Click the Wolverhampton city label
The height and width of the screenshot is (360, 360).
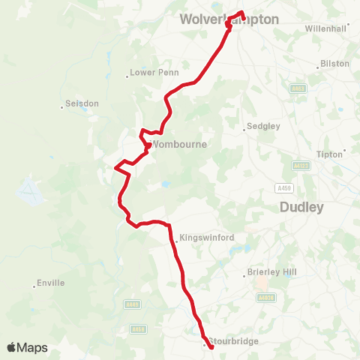229,19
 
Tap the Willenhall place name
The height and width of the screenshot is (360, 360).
327,28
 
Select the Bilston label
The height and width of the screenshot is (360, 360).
334,64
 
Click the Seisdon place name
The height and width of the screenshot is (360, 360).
82,104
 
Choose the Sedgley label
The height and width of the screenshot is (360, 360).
265,126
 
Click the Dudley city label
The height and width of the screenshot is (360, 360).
301,207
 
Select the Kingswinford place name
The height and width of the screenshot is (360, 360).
206,238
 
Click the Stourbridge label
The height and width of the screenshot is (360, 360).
233,342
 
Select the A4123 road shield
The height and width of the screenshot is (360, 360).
301,165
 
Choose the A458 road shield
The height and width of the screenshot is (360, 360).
137,328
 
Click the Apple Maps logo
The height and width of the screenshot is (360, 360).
27,347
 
